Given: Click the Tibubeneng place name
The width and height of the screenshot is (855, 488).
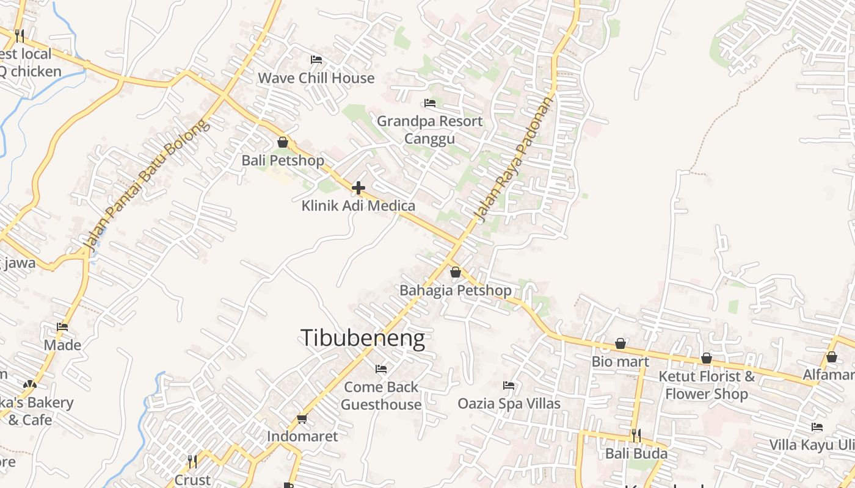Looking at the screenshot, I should point(362,338).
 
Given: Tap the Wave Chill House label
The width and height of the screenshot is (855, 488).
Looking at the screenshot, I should point(316,78).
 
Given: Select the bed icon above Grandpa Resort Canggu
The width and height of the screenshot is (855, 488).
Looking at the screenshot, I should point(430,103).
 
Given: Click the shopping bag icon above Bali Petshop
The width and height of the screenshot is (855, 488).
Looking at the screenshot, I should point(283,143).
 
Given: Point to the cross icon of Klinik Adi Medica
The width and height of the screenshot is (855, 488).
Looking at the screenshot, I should point(358,188).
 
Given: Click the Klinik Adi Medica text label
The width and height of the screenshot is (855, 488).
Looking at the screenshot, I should point(358,206).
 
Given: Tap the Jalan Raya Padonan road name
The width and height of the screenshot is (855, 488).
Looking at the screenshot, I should point(513,160).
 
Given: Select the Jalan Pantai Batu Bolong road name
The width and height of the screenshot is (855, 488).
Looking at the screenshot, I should point(147,186).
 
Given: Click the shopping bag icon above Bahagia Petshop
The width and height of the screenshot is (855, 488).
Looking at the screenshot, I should point(455,272).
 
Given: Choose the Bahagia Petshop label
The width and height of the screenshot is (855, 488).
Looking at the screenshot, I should point(455,290).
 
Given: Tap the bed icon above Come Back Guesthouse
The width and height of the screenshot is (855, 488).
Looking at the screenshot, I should point(381,369).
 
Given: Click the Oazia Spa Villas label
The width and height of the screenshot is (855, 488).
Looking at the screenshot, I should point(509,404).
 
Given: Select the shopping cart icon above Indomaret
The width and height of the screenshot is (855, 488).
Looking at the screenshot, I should point(302,418).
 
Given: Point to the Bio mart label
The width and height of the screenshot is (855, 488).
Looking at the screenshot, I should point(620,362).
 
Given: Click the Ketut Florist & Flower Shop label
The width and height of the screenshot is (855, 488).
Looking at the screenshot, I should point(706,385).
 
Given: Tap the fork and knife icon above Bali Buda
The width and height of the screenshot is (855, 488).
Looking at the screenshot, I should point(636,436).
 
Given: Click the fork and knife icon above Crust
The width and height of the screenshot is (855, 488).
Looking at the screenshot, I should point(192,462).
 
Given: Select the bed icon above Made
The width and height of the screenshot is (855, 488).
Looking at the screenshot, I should point(62,327).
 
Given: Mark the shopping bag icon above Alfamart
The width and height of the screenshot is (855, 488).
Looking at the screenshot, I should point(831,357).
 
